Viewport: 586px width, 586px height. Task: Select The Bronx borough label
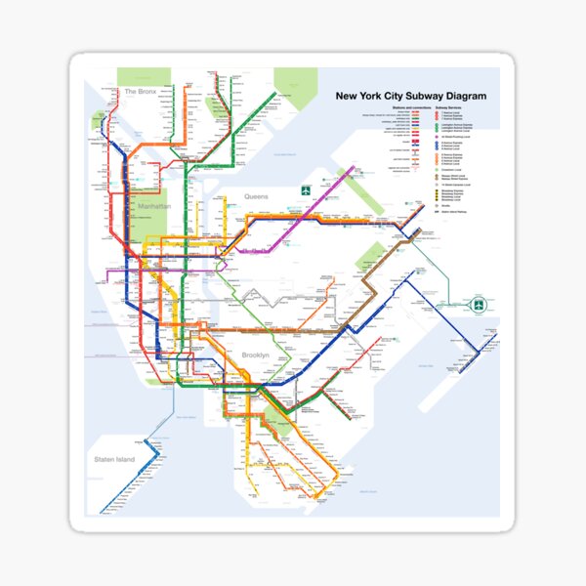(139, 91)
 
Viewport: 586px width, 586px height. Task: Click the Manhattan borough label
(153, 207)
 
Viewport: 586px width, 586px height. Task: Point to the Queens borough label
(255, 196)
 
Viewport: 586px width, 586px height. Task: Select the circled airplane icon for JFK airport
(479, 306)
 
